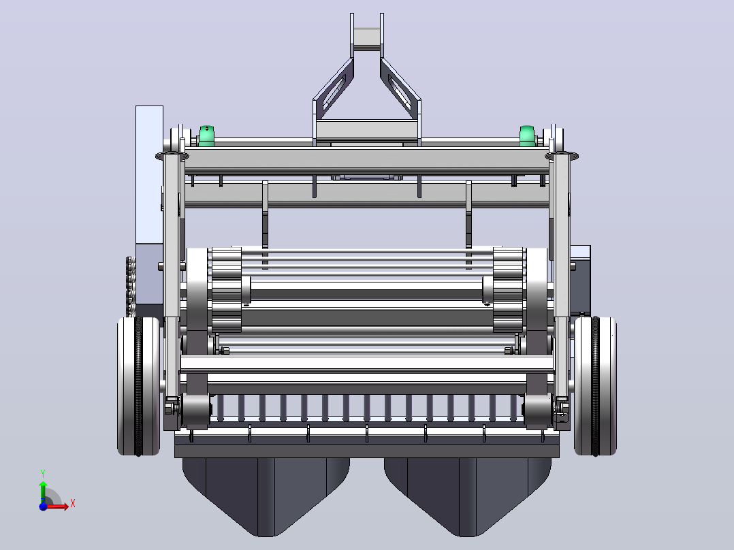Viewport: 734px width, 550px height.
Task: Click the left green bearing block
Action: pyautogui.click(x=206, y=135)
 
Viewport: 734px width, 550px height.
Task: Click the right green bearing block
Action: pyautogui.click(x=527, y=135)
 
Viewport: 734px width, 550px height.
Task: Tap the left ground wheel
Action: pyautogui.click(x=139, y=386)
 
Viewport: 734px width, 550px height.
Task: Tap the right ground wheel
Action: pyautogui.click(x=595, y=386)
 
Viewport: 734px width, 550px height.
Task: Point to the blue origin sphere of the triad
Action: pyautogui.click(x=43, y=506)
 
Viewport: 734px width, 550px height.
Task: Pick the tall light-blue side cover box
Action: pyautogui.click(x=149, y=174)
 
